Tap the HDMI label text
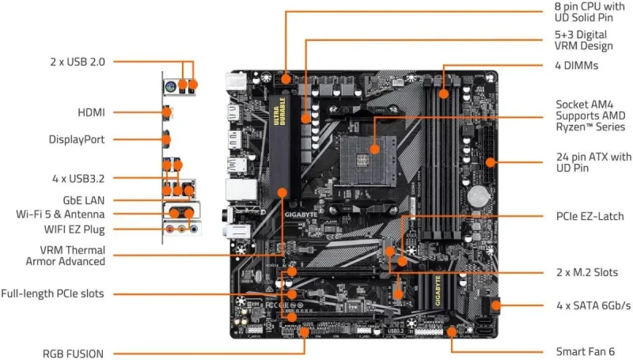[x=91, y=112]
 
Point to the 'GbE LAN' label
[x=83, y=199]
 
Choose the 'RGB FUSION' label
[x=72, y=352]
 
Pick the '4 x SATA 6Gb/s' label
[x=593, y=305]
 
